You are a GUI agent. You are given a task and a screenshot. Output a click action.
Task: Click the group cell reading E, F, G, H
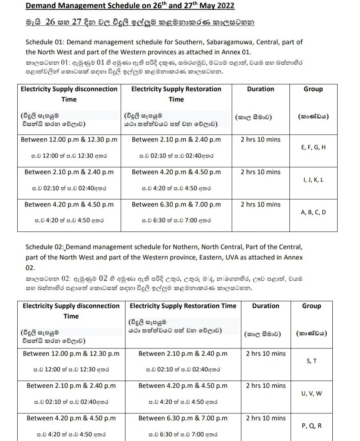coord(313,148)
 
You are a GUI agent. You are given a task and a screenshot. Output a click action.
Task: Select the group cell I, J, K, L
coord(313,180)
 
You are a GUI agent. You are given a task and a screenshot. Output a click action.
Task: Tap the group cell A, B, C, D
coord(313,212)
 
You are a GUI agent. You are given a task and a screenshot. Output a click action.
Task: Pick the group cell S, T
coord(311,361)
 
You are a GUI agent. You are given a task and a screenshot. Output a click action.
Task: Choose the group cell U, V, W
coord(311,394)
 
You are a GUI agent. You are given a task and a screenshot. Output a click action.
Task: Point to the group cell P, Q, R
coord(311,426)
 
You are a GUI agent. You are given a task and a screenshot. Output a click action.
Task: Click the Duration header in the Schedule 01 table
coord(261,89)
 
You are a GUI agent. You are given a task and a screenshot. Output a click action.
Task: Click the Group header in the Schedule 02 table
coord(311,306)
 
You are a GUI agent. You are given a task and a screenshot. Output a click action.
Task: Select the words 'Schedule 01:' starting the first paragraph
coord(44,42)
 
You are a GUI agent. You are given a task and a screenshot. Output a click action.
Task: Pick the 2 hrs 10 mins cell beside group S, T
coord(266,354)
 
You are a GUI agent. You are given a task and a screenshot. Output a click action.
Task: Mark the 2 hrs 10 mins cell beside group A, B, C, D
coord(261,204)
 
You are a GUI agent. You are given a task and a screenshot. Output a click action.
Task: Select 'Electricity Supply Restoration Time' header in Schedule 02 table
coord(183,306)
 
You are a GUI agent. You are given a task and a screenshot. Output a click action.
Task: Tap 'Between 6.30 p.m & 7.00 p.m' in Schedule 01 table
coord(176,204)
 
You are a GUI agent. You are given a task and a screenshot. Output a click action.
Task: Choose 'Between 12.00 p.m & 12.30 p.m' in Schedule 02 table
coord(71,354)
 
